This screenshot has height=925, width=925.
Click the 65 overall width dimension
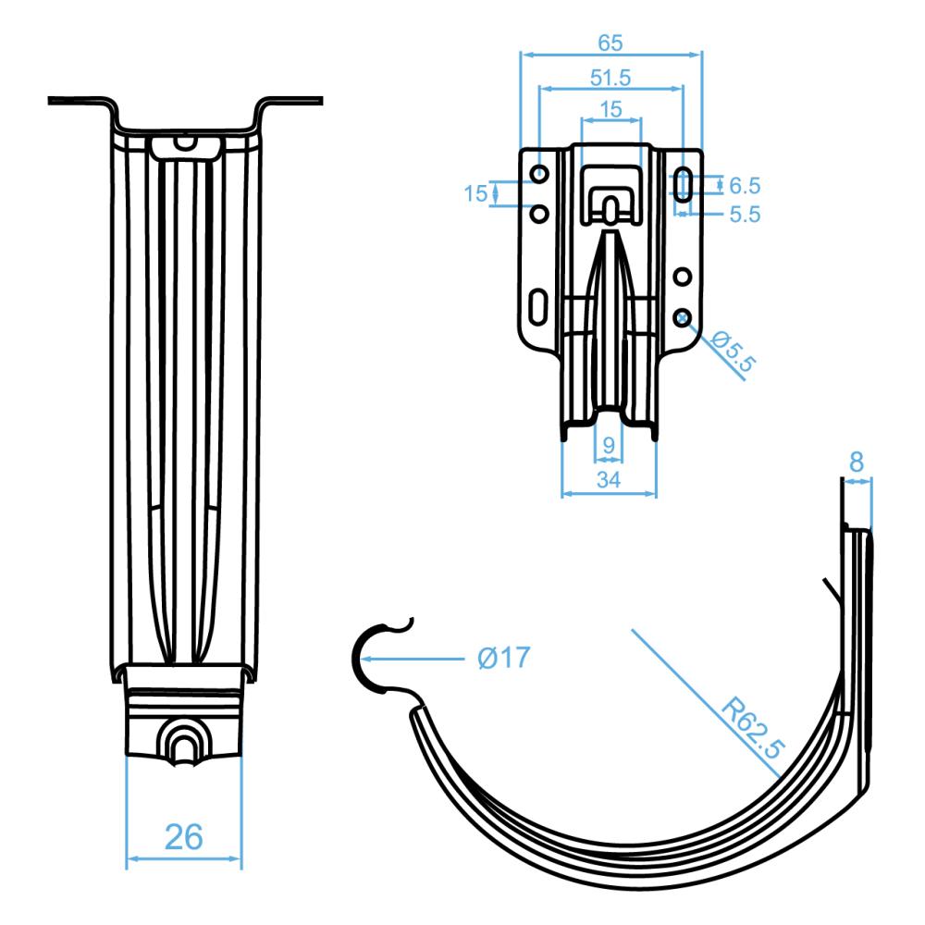(x=610, y=43)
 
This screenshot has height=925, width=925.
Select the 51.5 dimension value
(x=610, y=78)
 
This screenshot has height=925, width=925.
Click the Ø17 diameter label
(x=504, y=658)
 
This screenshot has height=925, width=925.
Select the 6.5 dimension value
(x=745, y=184)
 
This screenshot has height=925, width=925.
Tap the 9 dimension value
(x=609, y=445)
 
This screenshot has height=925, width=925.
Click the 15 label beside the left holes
(x=475, y=193)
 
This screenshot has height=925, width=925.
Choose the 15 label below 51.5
(x=610, y=108)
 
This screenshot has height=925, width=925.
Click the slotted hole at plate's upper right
(x=684, y=184)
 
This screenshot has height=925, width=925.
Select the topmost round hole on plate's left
(x=538, y=174)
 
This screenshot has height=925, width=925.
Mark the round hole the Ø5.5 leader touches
(x=683, y=315)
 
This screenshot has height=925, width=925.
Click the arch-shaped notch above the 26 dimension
(x=183, y=740)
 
